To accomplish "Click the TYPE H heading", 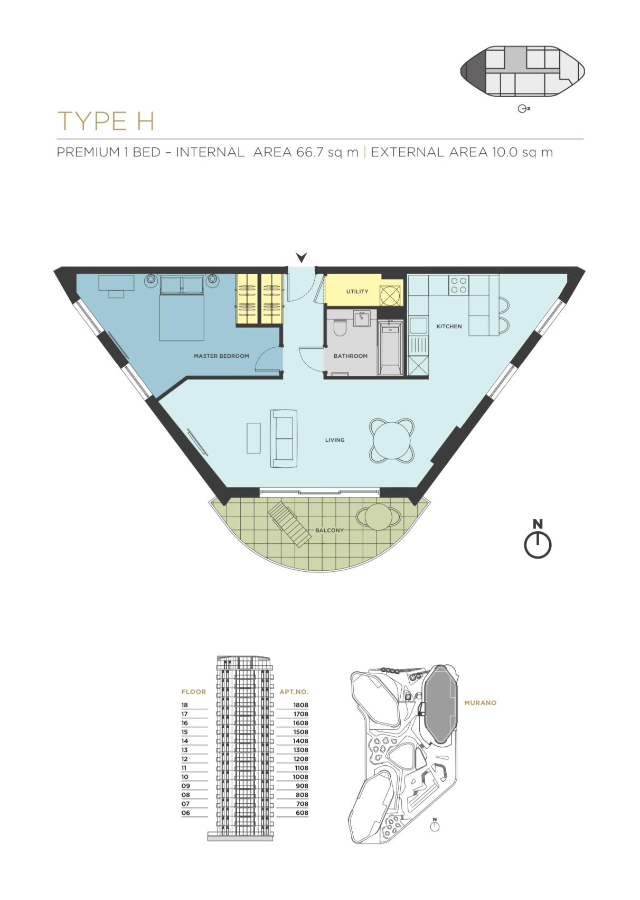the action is click(x=106, y=121).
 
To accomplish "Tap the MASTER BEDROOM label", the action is click(x=221, y=356).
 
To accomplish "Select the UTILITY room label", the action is click(x=357, y=292).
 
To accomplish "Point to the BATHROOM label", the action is click(x=351, y=356).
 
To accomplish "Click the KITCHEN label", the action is click(x=449, y=327).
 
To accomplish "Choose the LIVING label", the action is click(x=335, y=440).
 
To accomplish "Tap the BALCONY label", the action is click(x=329, y=531).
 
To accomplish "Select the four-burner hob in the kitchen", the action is click(x=459, y=286).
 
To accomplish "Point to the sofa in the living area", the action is click(x=284, y=438).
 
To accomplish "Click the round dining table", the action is click(x=391, y=440).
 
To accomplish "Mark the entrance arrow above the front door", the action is click(x=302, y=257).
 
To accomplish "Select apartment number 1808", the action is click(x=301, y=705).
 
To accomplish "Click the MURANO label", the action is click(x=480, y=703).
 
